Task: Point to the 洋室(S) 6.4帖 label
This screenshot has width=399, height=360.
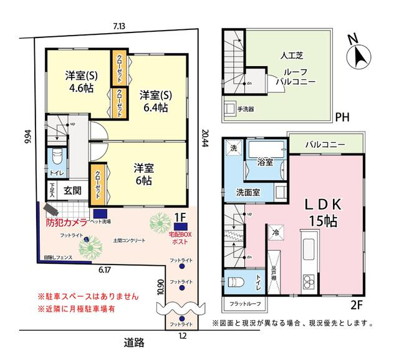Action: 153,101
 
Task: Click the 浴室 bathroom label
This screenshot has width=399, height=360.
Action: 265,162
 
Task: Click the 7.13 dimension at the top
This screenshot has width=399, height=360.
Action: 119,26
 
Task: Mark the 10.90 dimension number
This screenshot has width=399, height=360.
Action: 160,286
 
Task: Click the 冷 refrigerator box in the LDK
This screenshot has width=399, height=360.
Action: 276,232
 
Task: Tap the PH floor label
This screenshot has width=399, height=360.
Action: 342,117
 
